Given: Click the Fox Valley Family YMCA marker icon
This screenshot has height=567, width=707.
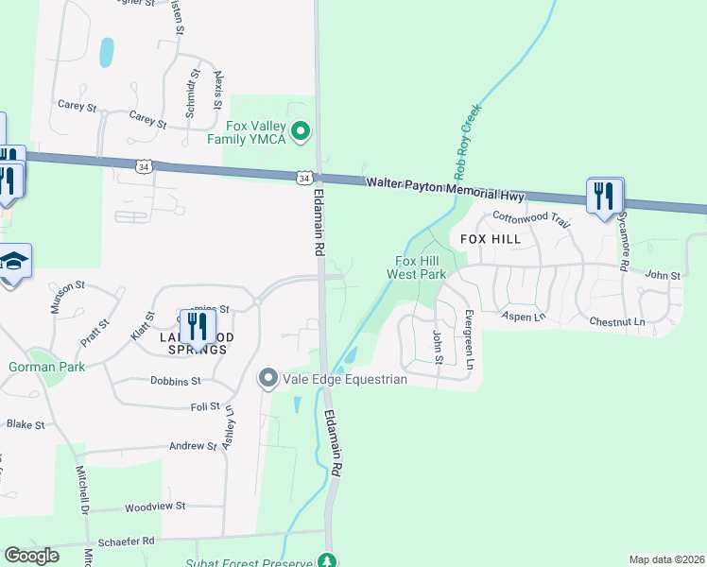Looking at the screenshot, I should click(x=301, y=131).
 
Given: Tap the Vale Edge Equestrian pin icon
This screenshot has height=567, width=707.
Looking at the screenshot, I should click(x=268, y=379).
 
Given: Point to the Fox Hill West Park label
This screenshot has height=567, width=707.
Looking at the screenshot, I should click(x=420, y=267).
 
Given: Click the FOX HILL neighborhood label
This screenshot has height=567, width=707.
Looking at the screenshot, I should click(x=491, y=239).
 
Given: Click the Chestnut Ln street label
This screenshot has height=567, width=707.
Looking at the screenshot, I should click(x=616, y=322).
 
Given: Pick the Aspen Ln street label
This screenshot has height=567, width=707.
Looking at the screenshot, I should click(x=524, y=316).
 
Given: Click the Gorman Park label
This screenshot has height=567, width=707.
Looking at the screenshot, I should click(x=46, y=367).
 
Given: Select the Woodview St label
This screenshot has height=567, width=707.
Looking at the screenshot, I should click(x=155, y=507).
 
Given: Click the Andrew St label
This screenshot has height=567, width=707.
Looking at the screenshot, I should click(x=193, y=446).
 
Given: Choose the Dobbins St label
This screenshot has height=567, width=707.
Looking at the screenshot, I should click(x=175, y=382).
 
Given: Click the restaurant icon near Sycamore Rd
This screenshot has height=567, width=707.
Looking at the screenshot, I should click(x=604, y=196).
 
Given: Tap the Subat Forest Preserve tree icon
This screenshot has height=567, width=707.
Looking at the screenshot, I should click(x=327, y=561).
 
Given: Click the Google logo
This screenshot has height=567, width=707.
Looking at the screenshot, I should click(x=32, y=556).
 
